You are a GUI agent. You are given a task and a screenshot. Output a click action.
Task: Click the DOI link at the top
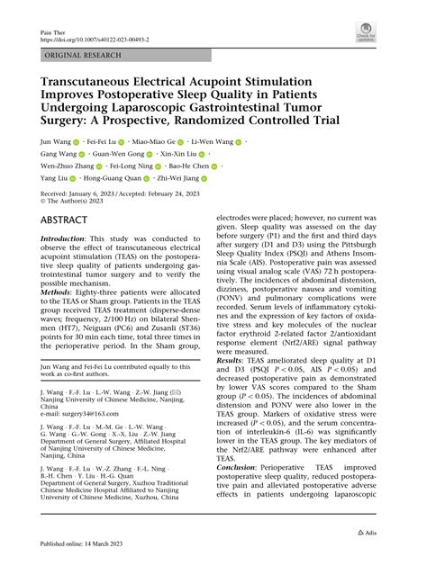point(95,40)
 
